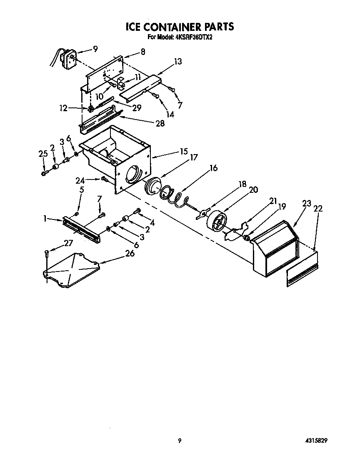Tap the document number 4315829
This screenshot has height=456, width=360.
321,440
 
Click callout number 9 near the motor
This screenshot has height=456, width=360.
95,49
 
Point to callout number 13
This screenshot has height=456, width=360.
178,62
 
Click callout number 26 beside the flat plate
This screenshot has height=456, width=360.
130,253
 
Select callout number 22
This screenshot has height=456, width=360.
317,209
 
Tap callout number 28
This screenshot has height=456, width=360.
159,123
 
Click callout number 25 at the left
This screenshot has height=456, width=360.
43,154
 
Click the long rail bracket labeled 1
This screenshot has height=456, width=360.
81,229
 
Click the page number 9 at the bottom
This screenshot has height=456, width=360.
179,440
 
